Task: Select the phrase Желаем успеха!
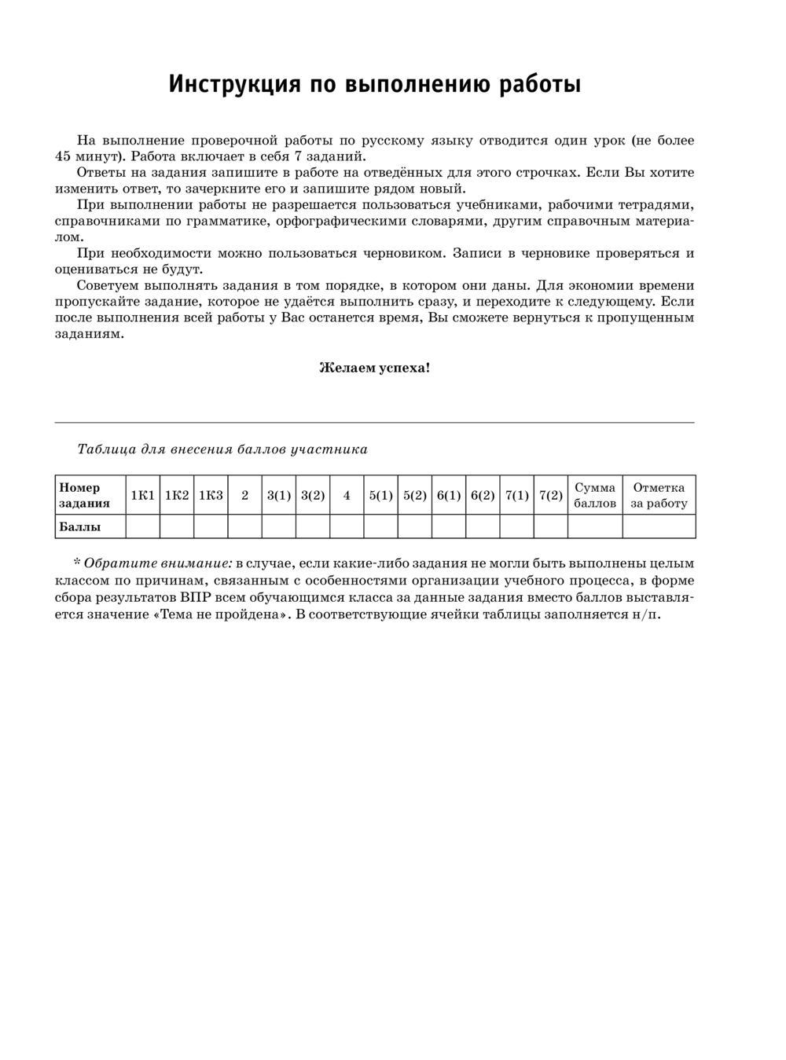tap(374, 367)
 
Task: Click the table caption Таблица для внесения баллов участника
tap(222, 449)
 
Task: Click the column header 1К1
tap(142, 495)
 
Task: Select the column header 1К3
tap(211, 495)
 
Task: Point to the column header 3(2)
tap(313, 495)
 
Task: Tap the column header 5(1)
tap(380, 495)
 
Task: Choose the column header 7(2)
tap(550, 495)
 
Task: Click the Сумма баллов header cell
tap(595, 495)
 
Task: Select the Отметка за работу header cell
tap(659, 495)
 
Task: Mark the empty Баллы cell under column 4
tap(347, 526)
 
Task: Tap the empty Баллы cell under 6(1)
tap(448, 526)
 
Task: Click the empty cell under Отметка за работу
tap(659, 526)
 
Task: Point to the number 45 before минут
tap(64, 156)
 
